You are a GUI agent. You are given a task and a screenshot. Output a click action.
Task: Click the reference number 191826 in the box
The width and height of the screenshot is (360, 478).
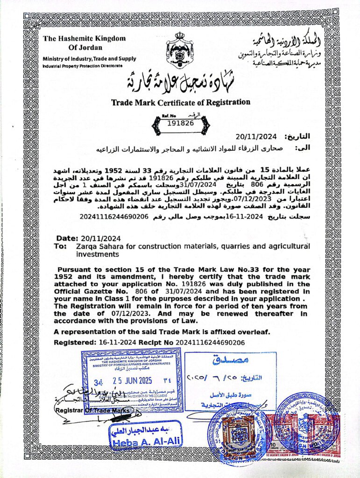click(x=180, y=123)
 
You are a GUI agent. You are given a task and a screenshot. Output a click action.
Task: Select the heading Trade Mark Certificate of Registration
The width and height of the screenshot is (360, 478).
click(x=180, y=102)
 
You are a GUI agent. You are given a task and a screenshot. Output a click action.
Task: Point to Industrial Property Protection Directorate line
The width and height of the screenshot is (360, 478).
click(x=83, y=66)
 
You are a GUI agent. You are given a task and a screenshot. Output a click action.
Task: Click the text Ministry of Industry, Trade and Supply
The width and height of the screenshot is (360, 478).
click(x=89, y=59)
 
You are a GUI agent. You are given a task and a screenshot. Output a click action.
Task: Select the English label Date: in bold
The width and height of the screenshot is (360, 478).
click(x=66, y=238)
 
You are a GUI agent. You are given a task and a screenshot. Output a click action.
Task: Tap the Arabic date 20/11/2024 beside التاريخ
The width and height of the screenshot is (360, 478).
click(x=256, y=137)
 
